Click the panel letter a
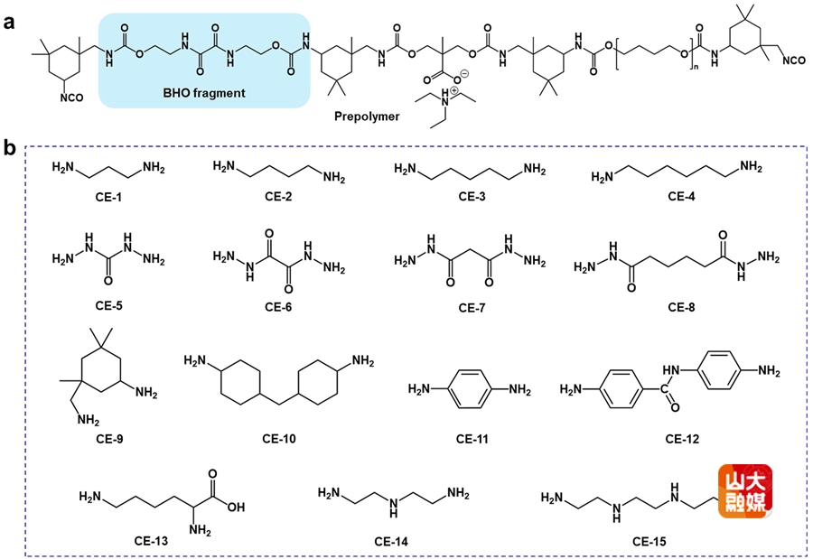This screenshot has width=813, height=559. [9, 23]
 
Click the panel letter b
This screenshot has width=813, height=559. [9, 148]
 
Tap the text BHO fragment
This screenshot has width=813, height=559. [204, 93]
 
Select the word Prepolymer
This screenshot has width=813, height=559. [367, 116]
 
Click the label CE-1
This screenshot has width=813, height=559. [108, 197]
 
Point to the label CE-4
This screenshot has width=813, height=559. [681, 197]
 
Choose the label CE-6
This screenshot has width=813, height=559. [278, 307]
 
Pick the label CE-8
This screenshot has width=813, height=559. [681, 307]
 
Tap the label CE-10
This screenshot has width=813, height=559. [279, 439]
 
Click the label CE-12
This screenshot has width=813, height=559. [682, 439]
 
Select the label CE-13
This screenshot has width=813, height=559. [151, 541]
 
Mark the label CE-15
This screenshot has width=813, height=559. [649, 541]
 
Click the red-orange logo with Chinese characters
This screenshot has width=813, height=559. [745, 491]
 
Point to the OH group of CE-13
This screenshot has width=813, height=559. [236, 507]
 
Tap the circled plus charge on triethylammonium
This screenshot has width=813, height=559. [454, 90]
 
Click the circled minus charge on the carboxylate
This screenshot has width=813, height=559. [464, 74]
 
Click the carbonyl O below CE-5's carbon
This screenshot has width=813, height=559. [107, 281]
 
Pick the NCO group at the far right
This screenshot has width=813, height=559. [794, 61]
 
